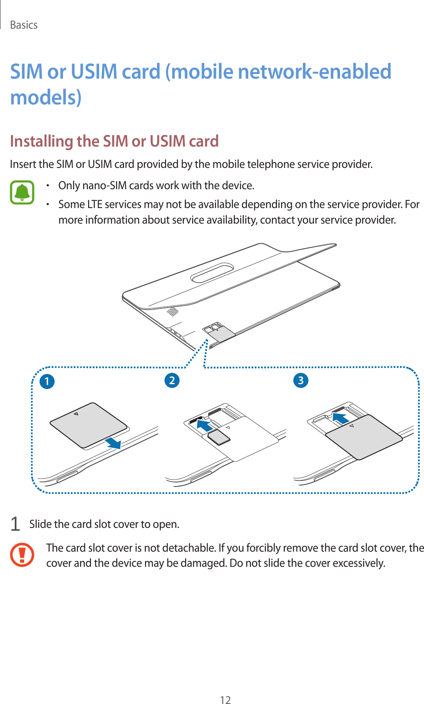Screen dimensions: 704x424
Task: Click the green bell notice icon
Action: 22,192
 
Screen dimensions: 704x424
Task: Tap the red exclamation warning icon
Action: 22,555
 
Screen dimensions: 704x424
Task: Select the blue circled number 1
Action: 47,381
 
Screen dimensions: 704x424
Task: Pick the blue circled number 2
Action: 172,380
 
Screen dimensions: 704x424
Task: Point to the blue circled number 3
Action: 301,380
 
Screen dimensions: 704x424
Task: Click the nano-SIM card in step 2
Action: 219,437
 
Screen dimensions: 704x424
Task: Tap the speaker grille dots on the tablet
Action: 173,311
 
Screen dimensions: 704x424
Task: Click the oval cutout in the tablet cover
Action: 212,272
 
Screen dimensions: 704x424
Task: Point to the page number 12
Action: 225,699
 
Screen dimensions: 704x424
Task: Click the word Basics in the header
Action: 24,25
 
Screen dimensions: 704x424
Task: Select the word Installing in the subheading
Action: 41,141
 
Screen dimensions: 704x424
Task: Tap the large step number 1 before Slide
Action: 15,524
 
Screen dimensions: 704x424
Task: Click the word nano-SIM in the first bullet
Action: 104,186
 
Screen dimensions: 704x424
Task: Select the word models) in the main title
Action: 46,97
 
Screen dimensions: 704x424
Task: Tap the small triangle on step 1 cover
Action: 76,414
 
